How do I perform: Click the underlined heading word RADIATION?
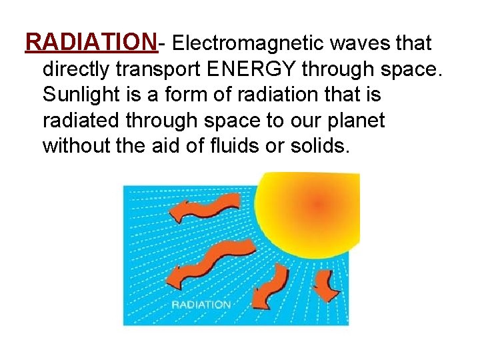point(91,43)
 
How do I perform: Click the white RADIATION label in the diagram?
point(201,305)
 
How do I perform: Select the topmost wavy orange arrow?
point(204,208)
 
